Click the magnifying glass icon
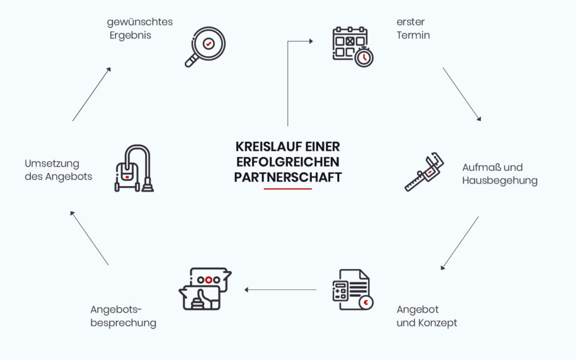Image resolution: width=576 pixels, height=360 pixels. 205,47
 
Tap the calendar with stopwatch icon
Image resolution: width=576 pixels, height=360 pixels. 353,47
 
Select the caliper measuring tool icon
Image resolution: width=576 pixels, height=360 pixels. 424,172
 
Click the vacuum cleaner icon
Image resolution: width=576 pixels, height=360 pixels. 134,168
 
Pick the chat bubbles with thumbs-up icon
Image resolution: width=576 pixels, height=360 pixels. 205,289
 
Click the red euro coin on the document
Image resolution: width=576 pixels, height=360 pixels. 366,303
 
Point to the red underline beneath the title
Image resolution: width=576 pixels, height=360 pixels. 287,189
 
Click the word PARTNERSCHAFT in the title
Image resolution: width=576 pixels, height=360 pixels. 287,177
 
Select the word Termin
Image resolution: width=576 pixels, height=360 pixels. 413,35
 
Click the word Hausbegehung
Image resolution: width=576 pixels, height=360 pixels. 500,181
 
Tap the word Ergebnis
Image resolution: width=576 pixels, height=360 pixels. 130,36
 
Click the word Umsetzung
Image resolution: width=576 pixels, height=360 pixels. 52,164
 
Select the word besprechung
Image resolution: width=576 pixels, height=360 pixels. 123,323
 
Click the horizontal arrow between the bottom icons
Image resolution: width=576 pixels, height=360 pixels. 280,290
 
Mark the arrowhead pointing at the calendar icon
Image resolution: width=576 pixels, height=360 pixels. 311,41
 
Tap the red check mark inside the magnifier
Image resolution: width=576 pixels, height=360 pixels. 209,44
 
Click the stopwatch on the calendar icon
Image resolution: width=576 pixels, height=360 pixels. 364,57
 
